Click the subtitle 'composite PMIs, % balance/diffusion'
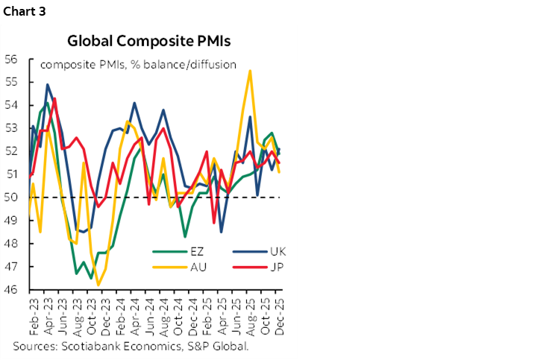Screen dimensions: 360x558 (x=138, y=64)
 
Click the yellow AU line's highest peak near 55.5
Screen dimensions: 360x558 (x=249, y=71)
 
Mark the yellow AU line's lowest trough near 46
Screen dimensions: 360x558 (x=98, y=285)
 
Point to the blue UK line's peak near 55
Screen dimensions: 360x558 (x=48, y=84)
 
